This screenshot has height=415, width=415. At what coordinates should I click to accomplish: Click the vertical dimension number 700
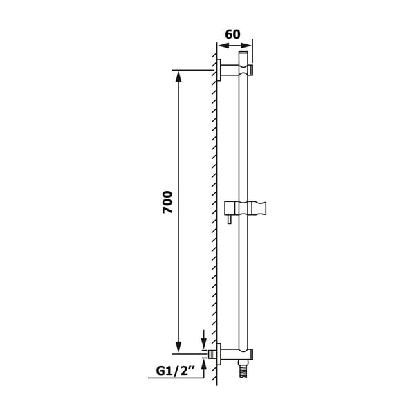click(167, 201)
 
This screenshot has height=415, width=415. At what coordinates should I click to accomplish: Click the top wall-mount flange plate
click(219, 70)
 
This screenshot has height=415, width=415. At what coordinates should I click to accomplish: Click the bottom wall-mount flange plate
click(219, 354)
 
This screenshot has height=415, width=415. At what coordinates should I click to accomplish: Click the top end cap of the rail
click(243, 53)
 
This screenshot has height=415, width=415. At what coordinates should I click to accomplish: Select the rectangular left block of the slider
click(230, 207)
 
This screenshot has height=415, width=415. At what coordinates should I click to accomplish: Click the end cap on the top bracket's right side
click(250, 70)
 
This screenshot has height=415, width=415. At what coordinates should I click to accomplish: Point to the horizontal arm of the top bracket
click(230, 70)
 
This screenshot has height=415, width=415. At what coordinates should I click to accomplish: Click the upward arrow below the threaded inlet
click(203, 364)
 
